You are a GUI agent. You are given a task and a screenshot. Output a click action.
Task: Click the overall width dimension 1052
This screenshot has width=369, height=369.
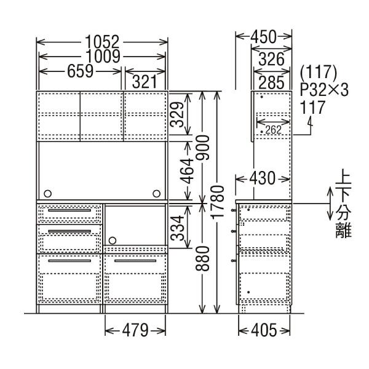click(x=103, y=42)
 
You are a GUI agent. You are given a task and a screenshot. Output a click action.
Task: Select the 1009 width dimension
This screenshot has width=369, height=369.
click(x=103, y=57)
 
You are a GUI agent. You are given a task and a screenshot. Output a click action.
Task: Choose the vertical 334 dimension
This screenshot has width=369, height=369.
click(x=178, y=226)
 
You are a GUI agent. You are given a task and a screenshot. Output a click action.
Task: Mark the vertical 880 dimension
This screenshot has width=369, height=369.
click(x=207, y=258)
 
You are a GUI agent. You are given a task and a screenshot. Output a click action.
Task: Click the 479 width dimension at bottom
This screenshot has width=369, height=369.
click(x=135, y=331)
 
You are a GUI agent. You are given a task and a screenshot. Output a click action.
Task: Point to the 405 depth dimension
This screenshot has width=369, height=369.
click(x=264, y=331)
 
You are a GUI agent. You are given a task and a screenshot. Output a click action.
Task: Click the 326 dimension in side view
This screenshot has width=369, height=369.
click(x=271, y=60)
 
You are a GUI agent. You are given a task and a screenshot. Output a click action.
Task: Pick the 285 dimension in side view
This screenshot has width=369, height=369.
click(x=271, y=81)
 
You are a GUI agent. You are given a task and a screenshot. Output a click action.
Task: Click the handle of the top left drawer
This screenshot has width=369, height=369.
click(x=69, y=211)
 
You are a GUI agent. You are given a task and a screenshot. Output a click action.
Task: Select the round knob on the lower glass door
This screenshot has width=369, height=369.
click(x=113, y=240)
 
